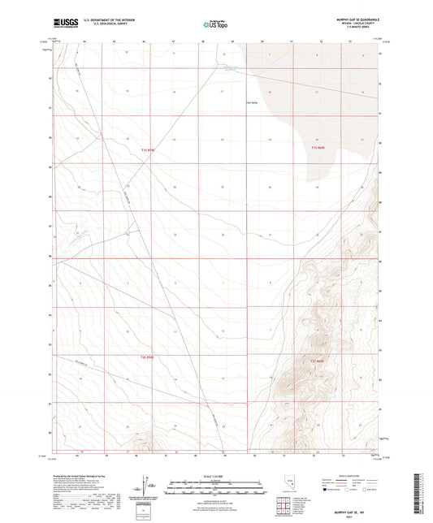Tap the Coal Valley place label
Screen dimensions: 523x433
click(251, 102)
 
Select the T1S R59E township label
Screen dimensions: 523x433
click(146, 149)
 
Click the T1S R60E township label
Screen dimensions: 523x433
click(317, 148)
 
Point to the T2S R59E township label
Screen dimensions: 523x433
click(145, 357)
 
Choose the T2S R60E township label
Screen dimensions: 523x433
click(317, 361)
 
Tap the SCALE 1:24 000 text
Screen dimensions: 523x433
click(216, 475)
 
